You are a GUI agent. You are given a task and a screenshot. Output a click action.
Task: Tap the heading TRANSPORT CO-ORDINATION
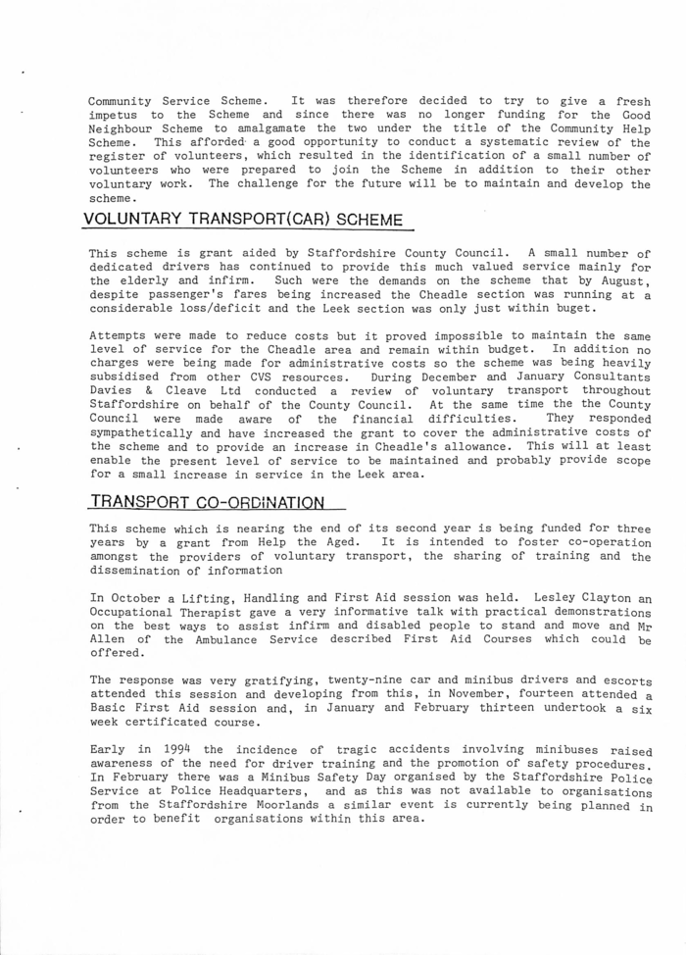coord(205,503)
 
